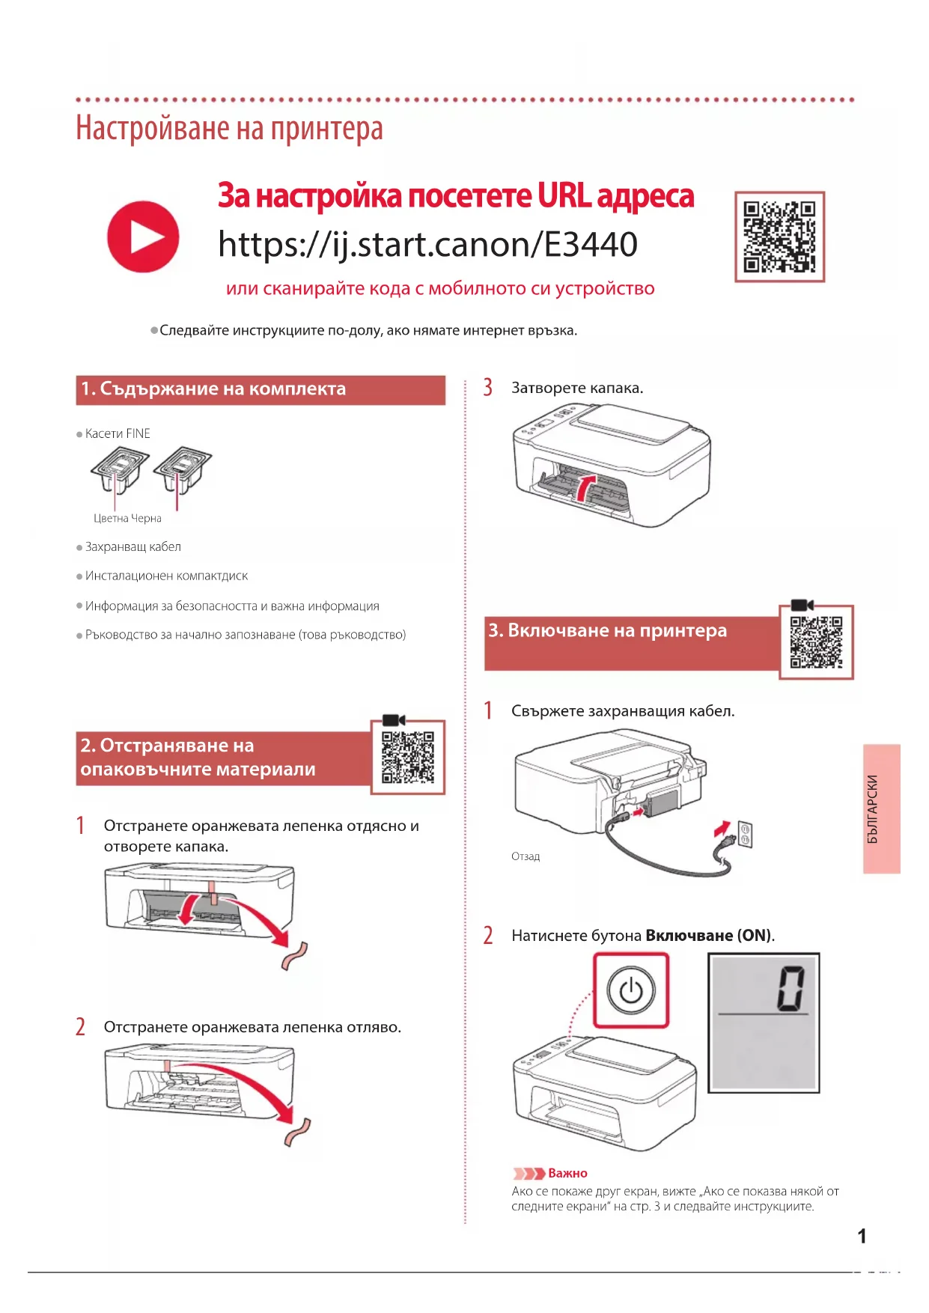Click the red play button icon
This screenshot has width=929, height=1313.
coord(143,237)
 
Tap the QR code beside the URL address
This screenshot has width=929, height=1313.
coord(779,237)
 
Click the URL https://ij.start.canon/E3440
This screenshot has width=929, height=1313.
coord(427,245)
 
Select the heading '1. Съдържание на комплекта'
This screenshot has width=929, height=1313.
coord(213,389)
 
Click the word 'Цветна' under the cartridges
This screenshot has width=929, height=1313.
coord(111,518)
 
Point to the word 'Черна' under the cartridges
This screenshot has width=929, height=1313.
coord(147,518)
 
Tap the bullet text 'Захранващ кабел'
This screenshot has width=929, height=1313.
coord(133,547)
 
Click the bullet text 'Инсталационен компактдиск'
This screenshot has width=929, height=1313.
coord(166,576)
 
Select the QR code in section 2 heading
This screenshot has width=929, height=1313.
coord(408,757)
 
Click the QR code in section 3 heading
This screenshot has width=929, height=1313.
coord(816,642)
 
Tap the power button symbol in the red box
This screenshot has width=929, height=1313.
coord(630,990)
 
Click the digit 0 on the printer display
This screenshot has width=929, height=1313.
coord(791,988)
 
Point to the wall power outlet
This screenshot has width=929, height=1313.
coord(746,834)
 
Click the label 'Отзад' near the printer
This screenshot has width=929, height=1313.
coord(526,856)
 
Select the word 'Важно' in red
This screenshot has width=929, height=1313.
coord(567,1173)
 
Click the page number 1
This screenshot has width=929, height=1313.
coord(862,1236)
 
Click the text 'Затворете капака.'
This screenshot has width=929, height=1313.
coord(577,388)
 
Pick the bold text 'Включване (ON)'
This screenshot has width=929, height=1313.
coord(708,936)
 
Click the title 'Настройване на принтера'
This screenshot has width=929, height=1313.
coord(229,129)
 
